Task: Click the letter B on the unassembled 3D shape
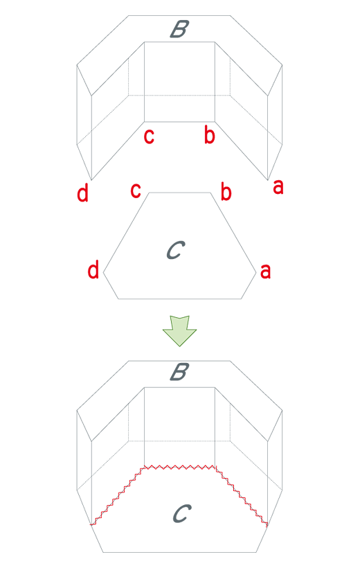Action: pyautogui.click(x=179, y=29)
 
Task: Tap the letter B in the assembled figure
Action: pyautogui.click(x=179, y=372)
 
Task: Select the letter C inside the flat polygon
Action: pyautogui.click(x=176, y=250)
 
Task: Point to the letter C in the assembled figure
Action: pyautogui.click(x=182, y=513)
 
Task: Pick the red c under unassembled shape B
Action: pyautogui.click(x=149, y=136)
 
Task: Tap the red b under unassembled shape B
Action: pyautogui.click(x=209, y=134)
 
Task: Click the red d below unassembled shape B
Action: pyautogui.click(x=83, y=193)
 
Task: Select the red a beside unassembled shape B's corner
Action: pyautogui.click(x=278, y=187)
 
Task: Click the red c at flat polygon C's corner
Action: pyautogui.click(x=136, y=190)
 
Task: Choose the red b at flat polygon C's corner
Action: pyautogui.click(x=226, y=191)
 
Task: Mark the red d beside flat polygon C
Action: pyautogui.click(x=93, y=269)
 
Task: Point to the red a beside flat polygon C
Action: pyautogui.click(x=265, y=272)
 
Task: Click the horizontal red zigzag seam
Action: pyautogui.click(x=179, y=468)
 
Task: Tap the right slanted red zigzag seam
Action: pyautogui.click(x=241, y=495)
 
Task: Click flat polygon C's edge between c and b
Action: pyautogui.click(x=179, y=193)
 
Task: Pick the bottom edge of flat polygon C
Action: pyautogui.click(x=179, y=299)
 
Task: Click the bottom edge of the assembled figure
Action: pyautogui.click(x=179, y=552)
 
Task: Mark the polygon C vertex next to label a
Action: pyautogui.click(x=256, y=273)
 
